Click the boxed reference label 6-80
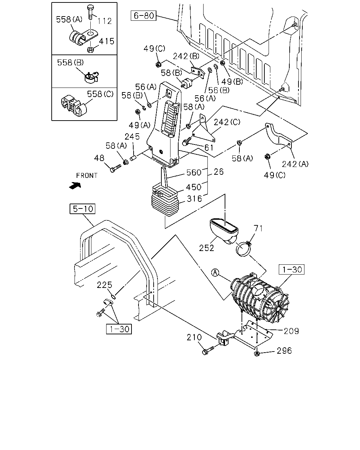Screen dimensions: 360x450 (143, 16)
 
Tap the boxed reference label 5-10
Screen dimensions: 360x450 (82, 209)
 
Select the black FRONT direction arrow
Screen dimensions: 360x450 (75, 186)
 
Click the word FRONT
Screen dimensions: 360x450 (87, 175)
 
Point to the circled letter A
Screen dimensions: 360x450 (215, 273)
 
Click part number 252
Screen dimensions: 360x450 (206, 248)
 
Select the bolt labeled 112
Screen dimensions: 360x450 (91, 12)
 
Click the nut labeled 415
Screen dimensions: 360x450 (90, 50)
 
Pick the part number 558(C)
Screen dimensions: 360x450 (100, 94)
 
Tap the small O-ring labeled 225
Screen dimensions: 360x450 (113, 297)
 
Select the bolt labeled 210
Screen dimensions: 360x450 (208, 350)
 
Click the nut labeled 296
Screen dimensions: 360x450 (257, 354)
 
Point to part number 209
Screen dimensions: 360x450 (291, 331)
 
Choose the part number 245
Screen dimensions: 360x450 (132, 137)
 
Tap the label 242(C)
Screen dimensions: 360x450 (227, 122)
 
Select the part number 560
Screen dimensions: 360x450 (194, 173)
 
